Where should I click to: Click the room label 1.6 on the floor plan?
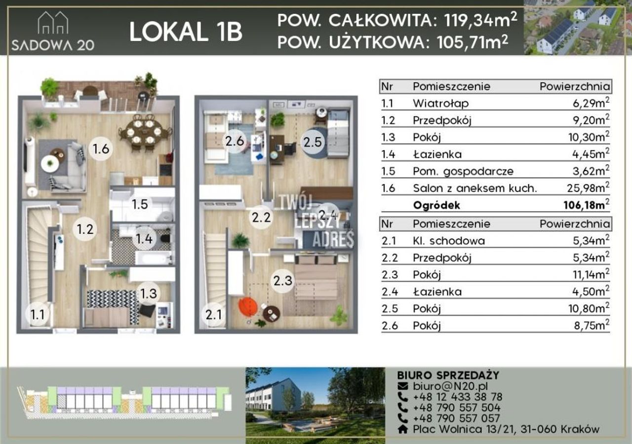[101, 148]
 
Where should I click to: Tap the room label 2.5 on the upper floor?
[313, 142]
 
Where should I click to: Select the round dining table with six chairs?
[144, 132]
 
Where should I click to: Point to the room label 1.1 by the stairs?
[37, 314]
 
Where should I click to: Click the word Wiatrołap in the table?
[441, 104]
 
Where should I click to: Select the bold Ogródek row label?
[436, 205]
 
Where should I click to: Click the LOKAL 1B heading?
[186, 32]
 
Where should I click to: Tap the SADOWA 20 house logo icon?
[53, 23]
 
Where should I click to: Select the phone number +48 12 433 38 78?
[458, 397]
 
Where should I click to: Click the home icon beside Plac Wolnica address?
[402, 429]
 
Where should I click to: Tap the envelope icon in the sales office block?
[402, 386]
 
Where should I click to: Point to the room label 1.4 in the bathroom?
[144, 239]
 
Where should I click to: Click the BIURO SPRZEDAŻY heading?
[448, 375]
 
